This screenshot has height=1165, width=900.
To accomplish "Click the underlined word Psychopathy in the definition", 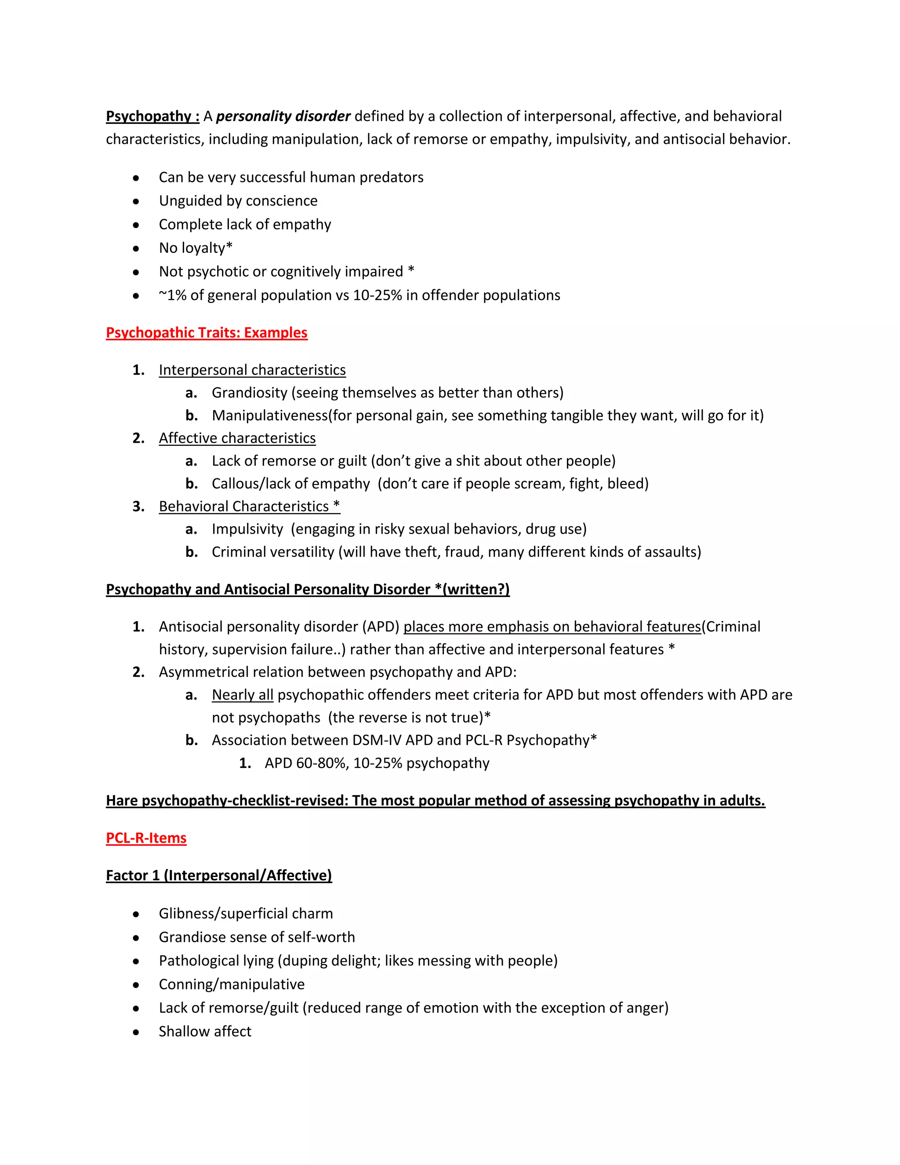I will coord(148,116).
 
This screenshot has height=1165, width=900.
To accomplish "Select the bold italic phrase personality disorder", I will coord(283,116).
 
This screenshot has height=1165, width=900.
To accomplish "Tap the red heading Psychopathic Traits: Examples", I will coord(207,332).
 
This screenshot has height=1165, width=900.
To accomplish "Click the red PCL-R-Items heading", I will coord(146,837).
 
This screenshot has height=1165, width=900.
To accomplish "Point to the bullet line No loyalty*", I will coord(195,248).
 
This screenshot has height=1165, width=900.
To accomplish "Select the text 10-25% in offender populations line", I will coord(456,295).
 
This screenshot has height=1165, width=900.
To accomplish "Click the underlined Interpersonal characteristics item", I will coord(252,370).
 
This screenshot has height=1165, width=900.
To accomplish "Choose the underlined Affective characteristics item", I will coord(237,438).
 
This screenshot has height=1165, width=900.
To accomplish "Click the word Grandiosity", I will coord(249,393).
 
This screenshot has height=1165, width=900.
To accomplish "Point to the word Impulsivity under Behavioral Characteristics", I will coord(247,529).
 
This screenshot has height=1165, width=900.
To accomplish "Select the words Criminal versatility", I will coord(272,552).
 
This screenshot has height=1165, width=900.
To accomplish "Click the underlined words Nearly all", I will coord(242,695).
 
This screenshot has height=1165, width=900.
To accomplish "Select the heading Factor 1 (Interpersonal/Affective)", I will coord(218,875).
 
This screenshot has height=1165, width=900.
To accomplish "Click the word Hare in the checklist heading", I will coord(122,800).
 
